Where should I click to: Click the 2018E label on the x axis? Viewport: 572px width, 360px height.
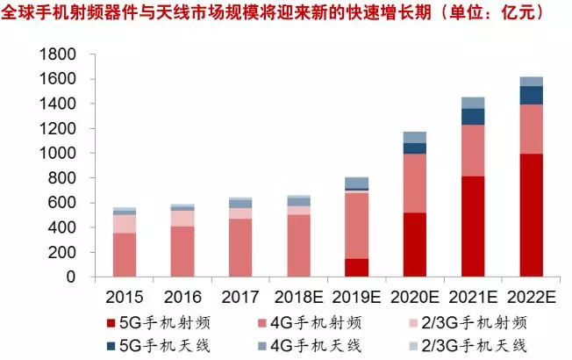pos(298,296)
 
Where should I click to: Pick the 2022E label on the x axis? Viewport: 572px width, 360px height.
pos(532,296)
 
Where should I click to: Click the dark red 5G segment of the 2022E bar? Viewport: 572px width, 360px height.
pos(532,215)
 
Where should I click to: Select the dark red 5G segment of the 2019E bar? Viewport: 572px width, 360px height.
pos(356,268)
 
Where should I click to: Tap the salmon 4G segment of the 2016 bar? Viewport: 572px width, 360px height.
pos(182,252)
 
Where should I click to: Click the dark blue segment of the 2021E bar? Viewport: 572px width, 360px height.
pos(473,116)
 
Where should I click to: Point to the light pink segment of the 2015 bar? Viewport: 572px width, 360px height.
pos(124,224)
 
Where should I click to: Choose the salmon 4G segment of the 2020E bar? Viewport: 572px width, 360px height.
pos(415,183)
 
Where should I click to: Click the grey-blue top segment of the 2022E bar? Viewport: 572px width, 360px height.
pos(532,81)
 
